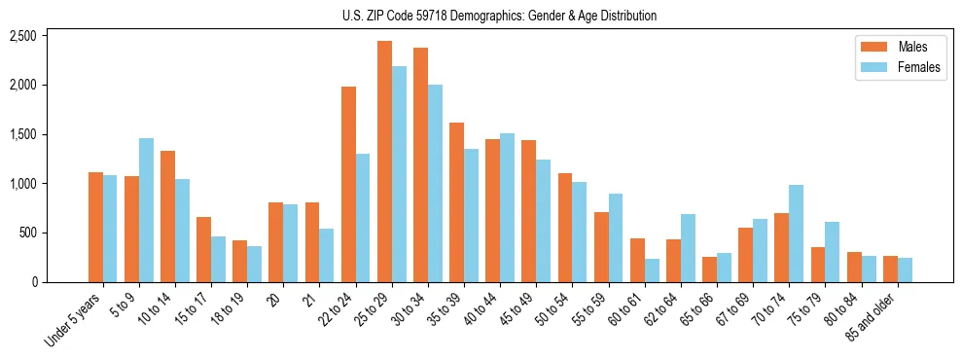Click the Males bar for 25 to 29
385,162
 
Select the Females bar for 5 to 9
146,210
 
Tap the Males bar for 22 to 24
348,184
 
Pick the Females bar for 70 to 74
797,234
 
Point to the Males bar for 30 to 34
421,164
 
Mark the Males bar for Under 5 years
95,227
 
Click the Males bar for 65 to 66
710,270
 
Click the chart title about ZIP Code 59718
499,16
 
